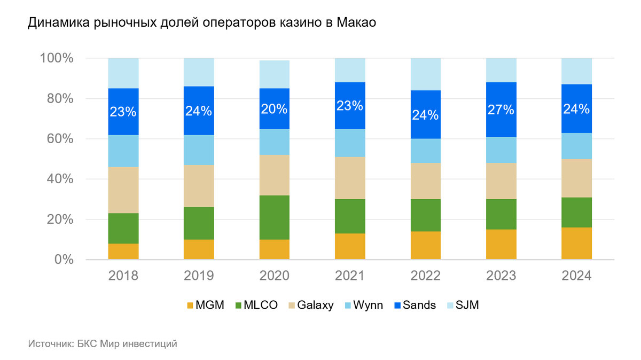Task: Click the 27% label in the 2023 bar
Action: tap(501, 110)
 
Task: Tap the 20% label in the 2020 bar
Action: tap(275, 109)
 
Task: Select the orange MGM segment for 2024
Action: tap(576, 244)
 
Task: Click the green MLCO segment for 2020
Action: tap(275, 217)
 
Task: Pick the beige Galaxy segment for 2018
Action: tap(123, 190)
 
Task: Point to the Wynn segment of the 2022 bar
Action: tap(426, 151)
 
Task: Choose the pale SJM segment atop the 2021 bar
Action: tap(350, 70)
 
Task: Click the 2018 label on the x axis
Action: tap(123, 276)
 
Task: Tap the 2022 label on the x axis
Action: tap(426, 276)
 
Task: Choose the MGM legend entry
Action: tap(204, 306)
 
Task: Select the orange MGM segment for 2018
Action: tap(123, 252)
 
